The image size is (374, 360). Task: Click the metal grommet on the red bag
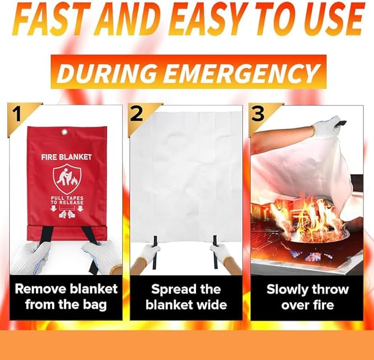click(x=64, y=132)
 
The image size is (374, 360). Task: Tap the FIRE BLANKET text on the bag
click(x=66, y=157)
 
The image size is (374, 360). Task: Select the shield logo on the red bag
click(x=67, y=179)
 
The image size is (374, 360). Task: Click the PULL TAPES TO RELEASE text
click(x=67, y=201)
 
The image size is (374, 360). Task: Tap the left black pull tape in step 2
click(x=155, y=252)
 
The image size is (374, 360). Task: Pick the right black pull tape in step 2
click(x=215, y=252)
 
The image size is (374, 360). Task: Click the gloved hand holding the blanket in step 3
click(x=326, y=125)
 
